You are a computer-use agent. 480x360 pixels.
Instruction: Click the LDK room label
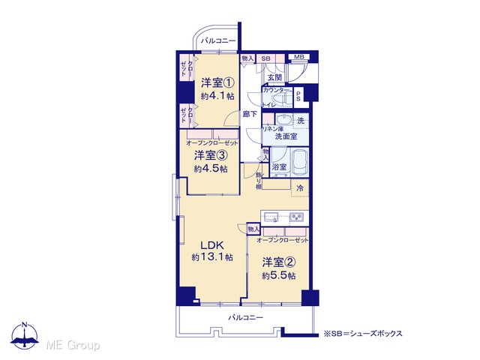tap(212, 245)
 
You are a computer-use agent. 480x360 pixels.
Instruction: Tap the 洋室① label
tap(217, 83)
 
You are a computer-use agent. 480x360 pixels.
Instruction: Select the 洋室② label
tap(278, 262)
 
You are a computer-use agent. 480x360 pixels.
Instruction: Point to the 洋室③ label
tap(211, 155)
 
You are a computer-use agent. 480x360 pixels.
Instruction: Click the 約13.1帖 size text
tap(212, 257)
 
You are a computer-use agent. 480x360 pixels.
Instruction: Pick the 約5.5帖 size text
tap(278, 276)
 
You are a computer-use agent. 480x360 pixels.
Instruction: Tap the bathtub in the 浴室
tap(299, 163)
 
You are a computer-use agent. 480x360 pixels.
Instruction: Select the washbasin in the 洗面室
tap(283, 118)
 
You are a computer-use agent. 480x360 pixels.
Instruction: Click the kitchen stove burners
tap(296, 217)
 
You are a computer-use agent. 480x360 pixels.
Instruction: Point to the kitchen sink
tap(271, 217)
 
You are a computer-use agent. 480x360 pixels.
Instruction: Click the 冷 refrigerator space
tap(300, 188)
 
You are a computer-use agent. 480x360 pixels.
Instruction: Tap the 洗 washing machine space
tap(301, 121)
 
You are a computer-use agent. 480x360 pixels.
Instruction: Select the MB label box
tap(299, 57)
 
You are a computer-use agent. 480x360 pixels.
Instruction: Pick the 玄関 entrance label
tap(274, 78)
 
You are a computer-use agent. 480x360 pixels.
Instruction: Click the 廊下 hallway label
tap(250, 114)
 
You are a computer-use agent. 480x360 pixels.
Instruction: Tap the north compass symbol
tap(25, 335)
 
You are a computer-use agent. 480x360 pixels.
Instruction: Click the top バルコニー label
tap(218, 40)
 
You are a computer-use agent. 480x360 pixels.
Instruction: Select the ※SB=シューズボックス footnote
tap(363, 333)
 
